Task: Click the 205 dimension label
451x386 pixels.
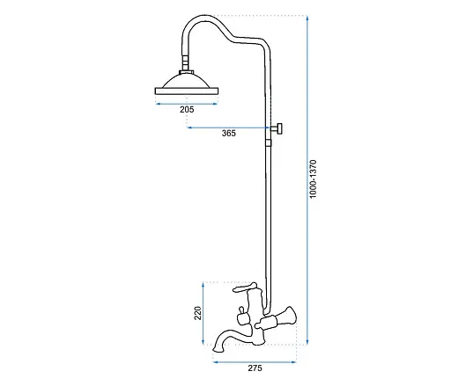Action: pyautogui.click(x=187, y=110)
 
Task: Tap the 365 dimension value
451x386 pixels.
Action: pyautogui.click(x=228, y=134)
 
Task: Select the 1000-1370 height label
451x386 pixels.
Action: pyautogui.click(x=314, y=179)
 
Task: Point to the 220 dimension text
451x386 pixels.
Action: pyautogui.click(x=198, y=313)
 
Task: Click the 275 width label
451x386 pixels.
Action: pyautogui.click(x=255, y=368)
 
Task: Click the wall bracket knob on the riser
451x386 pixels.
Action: pyautogui.click(x=277, y=128)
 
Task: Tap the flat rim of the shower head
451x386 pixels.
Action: pyautogui.click(x=187, y=91)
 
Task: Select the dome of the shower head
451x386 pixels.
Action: pyautogui.click(x=186, y=81)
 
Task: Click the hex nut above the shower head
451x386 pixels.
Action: pyautogui.click(x=186, y=72)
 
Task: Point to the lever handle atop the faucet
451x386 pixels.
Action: pyautogui.click(x=244, y=288)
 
